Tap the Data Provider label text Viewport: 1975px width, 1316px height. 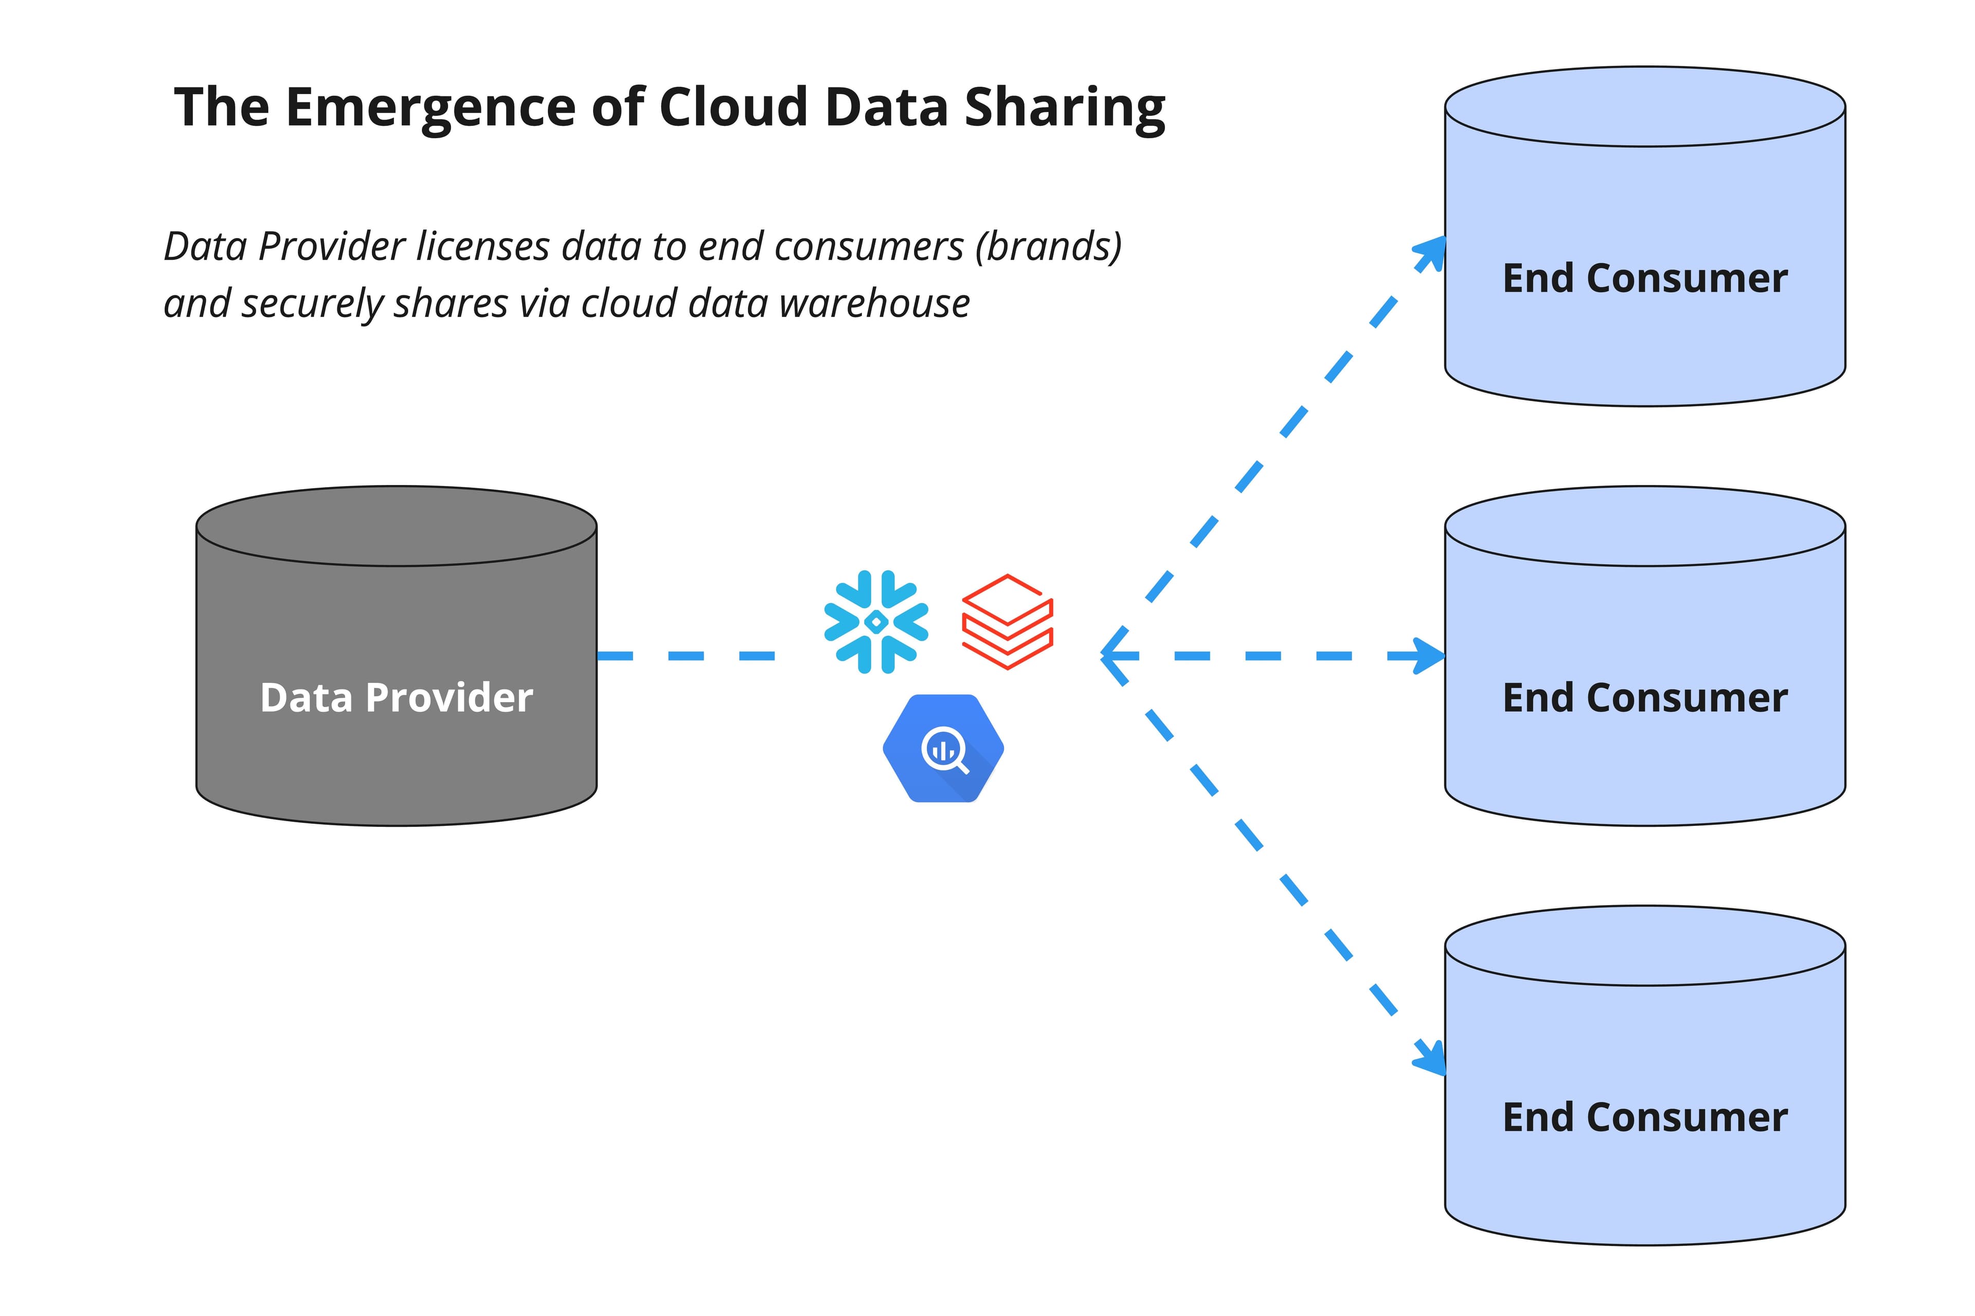[x=396, y=697]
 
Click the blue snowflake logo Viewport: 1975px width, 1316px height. [x=875, y=622]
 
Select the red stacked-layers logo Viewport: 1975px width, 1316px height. [x=1007, y=622]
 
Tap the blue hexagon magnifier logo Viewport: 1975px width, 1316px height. [x=943, y=748]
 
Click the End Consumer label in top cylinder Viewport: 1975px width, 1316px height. [x=1644, y=278]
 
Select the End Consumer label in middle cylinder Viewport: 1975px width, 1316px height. [x=1644, y=697]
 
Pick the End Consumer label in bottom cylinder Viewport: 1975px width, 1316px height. [x=1644, y=1117]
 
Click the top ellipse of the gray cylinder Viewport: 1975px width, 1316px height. [x=396, y=526]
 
